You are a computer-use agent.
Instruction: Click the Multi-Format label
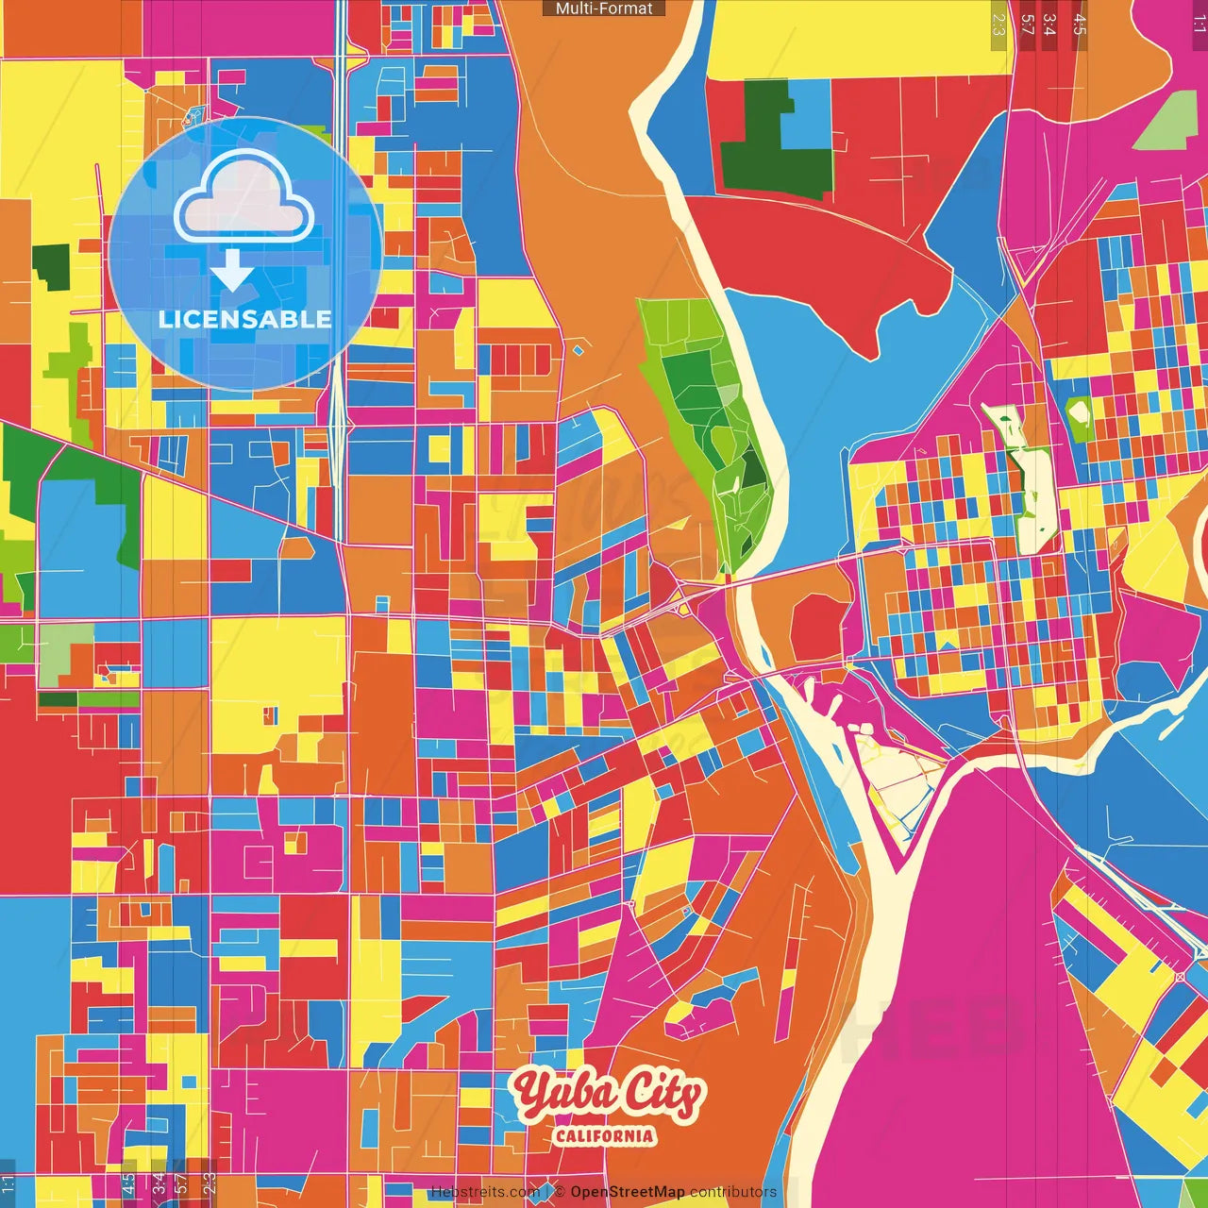coord(604,8)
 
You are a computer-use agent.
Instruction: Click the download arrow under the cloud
coord(232,271)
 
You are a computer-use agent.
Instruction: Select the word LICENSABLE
coord(244,319)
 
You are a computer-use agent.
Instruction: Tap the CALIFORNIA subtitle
coord(604,1135)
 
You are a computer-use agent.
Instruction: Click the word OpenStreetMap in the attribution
coord(627,1192)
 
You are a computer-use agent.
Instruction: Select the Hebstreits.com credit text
coord(485,1192)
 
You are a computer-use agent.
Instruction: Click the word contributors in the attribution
coord(733,1192)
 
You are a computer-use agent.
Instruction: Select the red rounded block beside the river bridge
coord(817,627)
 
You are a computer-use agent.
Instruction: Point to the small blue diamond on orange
coord(579,351)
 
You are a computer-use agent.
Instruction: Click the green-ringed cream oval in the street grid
coord(1079,411)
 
